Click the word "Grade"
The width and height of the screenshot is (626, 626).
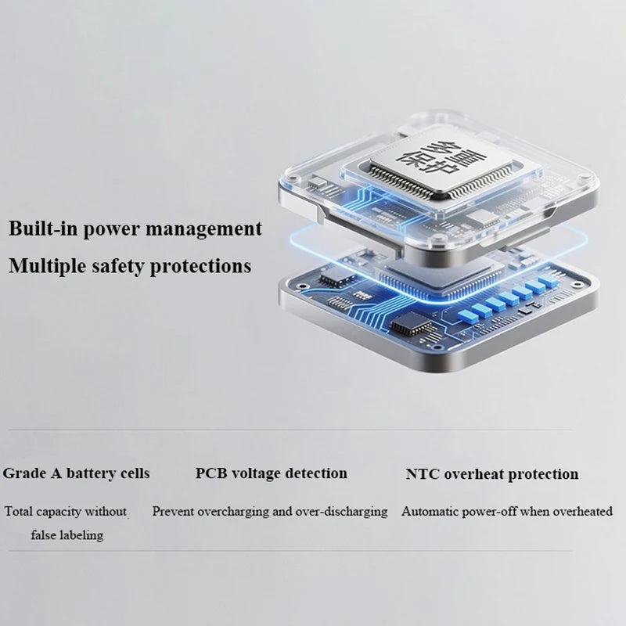point(24,473)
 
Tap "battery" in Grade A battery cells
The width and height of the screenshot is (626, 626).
point(90,474)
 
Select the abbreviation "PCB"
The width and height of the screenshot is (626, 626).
point(211,473)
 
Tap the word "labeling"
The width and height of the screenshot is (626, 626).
point(79,535)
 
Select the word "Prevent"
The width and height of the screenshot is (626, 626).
point(173,512)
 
